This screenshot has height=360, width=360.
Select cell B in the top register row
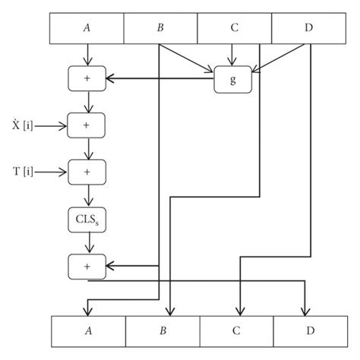pos(160,28)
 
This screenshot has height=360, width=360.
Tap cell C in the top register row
pos(234,28)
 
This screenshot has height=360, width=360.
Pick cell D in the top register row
pos(307,28)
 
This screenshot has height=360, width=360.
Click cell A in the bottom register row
pos(88,332)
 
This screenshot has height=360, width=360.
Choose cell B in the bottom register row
pos(163,332)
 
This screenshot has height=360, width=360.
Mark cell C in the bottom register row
pos(236,332)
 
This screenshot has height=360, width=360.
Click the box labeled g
pos(232,77)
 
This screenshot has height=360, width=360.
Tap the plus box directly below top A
pos(89,77)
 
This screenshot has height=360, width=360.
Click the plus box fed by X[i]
pos(89,124)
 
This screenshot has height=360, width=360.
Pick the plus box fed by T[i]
pos(89,172)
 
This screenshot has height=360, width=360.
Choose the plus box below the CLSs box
pos(89,266)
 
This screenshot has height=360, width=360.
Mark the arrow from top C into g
pos(233,55)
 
